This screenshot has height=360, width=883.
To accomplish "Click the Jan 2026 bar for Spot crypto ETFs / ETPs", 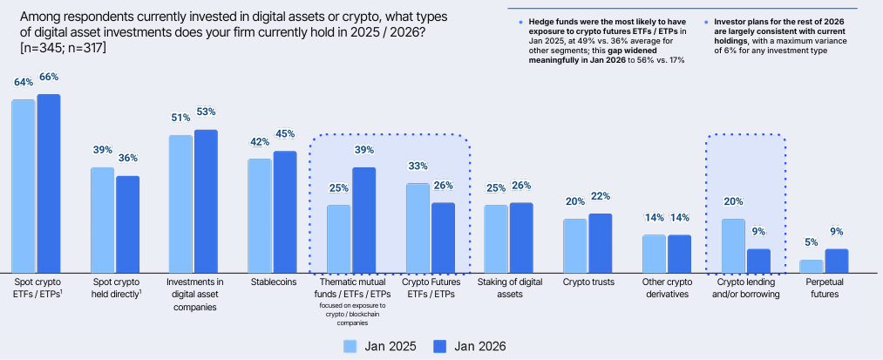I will pos(49,183).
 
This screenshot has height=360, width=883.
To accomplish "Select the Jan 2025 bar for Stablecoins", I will pos(260,214).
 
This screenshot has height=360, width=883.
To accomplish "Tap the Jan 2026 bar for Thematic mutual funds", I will pos(363,219).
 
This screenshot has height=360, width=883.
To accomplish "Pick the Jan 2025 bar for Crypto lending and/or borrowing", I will pos(734,245).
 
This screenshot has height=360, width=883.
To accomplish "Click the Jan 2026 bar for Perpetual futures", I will pos(837,260).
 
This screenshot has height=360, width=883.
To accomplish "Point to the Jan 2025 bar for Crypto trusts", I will pos(575,245).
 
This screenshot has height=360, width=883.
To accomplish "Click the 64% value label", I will pos(24,83).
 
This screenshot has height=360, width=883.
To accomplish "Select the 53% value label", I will pos(206,112).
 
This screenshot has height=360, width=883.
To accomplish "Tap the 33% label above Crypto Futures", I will pos(418,166).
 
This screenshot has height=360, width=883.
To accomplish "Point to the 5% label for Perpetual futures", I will pos(812,242).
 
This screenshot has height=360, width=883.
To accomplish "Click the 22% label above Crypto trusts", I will pos(600,196).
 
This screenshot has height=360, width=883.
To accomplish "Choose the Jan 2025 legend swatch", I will pos(352,346).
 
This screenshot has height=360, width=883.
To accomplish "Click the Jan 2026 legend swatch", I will pos(438,346).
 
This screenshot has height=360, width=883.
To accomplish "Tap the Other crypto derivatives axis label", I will pos(666,289).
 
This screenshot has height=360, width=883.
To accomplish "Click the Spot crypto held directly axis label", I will pos(115,289).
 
